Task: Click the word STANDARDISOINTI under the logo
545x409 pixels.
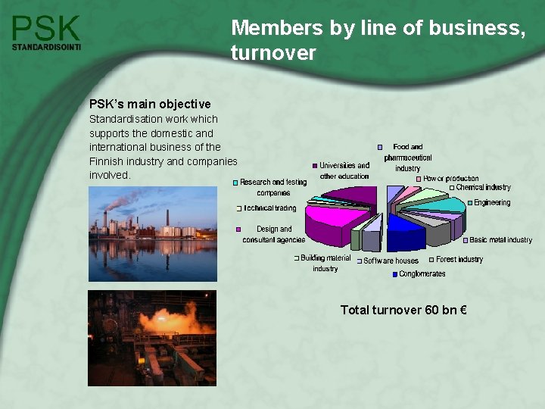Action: [x=46, y=47]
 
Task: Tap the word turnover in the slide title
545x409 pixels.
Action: [x=273, y=53]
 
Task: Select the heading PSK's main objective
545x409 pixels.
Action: [x=150, y=104]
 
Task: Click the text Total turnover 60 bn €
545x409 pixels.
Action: [x=403, y=310]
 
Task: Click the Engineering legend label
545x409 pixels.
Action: [x=492, y=203]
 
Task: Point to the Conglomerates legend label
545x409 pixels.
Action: [x=422, y=274]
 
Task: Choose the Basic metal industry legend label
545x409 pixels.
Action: [x=500, y=240]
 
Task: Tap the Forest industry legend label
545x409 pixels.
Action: [x=459, y=260]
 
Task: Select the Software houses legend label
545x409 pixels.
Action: [x=391, y=261]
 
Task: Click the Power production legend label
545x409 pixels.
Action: [x=450, y=179]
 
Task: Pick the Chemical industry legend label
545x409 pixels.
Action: [x=483, y=187]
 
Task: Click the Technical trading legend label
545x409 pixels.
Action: [x=270, y=208]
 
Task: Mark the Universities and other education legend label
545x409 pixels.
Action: [x=344, y=170]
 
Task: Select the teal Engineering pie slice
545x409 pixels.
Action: [x=447, y=204]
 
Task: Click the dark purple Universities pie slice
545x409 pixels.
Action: [x=356, y=195]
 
